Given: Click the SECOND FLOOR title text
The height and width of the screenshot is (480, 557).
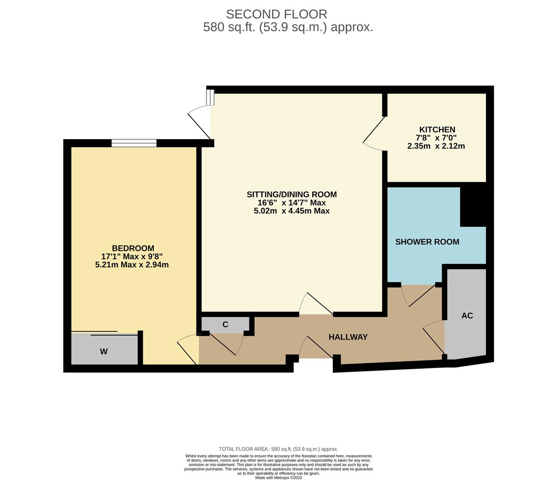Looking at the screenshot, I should (x=276, y=14).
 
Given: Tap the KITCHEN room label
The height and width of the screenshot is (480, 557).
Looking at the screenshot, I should (x=437, y=129).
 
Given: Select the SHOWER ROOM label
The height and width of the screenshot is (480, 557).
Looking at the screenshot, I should (x=427, y=242).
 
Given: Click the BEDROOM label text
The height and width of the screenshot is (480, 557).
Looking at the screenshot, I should (x=133, y=248).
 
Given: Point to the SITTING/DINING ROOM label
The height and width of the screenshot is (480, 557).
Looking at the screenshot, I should (x=292, y=194).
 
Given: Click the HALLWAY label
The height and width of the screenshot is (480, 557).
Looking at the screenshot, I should (x=348, y=337).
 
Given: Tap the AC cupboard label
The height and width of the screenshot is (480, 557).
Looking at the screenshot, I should (x=467, y=316).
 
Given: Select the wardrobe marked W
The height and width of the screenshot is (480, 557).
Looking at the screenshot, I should (x=104, y=351).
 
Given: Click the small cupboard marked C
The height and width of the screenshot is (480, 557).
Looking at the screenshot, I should (x=225, y=324).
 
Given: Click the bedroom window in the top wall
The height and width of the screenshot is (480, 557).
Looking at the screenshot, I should (x=134, y=143).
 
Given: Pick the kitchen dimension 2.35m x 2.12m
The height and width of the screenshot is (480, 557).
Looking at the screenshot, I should (x=436, y=146).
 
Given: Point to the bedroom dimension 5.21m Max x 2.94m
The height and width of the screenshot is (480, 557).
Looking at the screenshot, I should (x=132, y=265).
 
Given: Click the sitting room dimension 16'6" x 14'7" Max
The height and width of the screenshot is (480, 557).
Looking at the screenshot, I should (x=292, y=203).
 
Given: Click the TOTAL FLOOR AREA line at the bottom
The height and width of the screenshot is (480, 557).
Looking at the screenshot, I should (x=278, y=449).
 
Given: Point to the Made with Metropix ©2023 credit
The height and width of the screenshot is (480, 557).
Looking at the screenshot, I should (x=278, y=478).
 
